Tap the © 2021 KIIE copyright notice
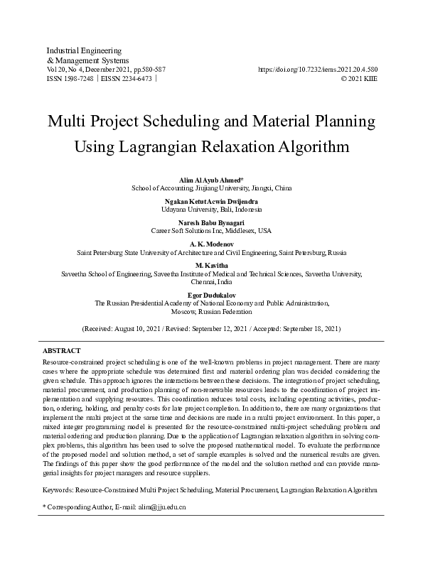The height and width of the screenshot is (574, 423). (x=359, y=79)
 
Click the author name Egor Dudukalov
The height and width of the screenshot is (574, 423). (x=211, y=293)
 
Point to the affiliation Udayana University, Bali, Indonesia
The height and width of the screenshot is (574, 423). (x=211, y=210)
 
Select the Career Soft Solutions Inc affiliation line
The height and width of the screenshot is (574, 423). (x=211, y=231)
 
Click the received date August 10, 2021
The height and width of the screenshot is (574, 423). (x=139, y=330)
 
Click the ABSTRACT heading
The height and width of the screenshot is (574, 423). (x=62, y=352)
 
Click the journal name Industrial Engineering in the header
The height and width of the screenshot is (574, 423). (x=83, y=51)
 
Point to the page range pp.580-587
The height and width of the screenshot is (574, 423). (x=149, y=70)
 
